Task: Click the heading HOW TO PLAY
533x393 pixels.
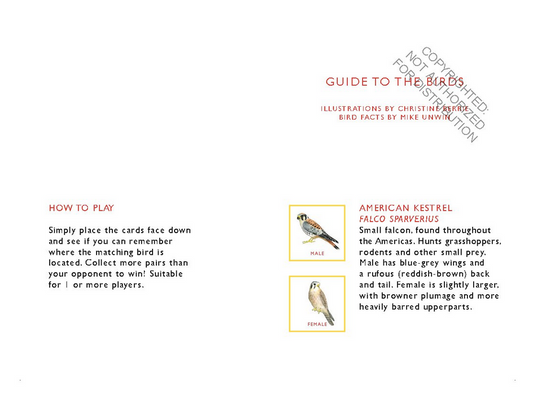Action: coord(82,208)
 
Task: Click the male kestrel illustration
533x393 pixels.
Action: coord(317,230)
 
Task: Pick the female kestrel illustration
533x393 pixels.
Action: coord(318,301)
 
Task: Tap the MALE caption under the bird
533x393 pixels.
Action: coord(318,254)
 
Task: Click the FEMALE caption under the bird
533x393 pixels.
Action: coord(318,325)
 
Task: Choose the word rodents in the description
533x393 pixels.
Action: coord(379,252)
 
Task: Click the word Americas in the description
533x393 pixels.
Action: coord(399,241)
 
